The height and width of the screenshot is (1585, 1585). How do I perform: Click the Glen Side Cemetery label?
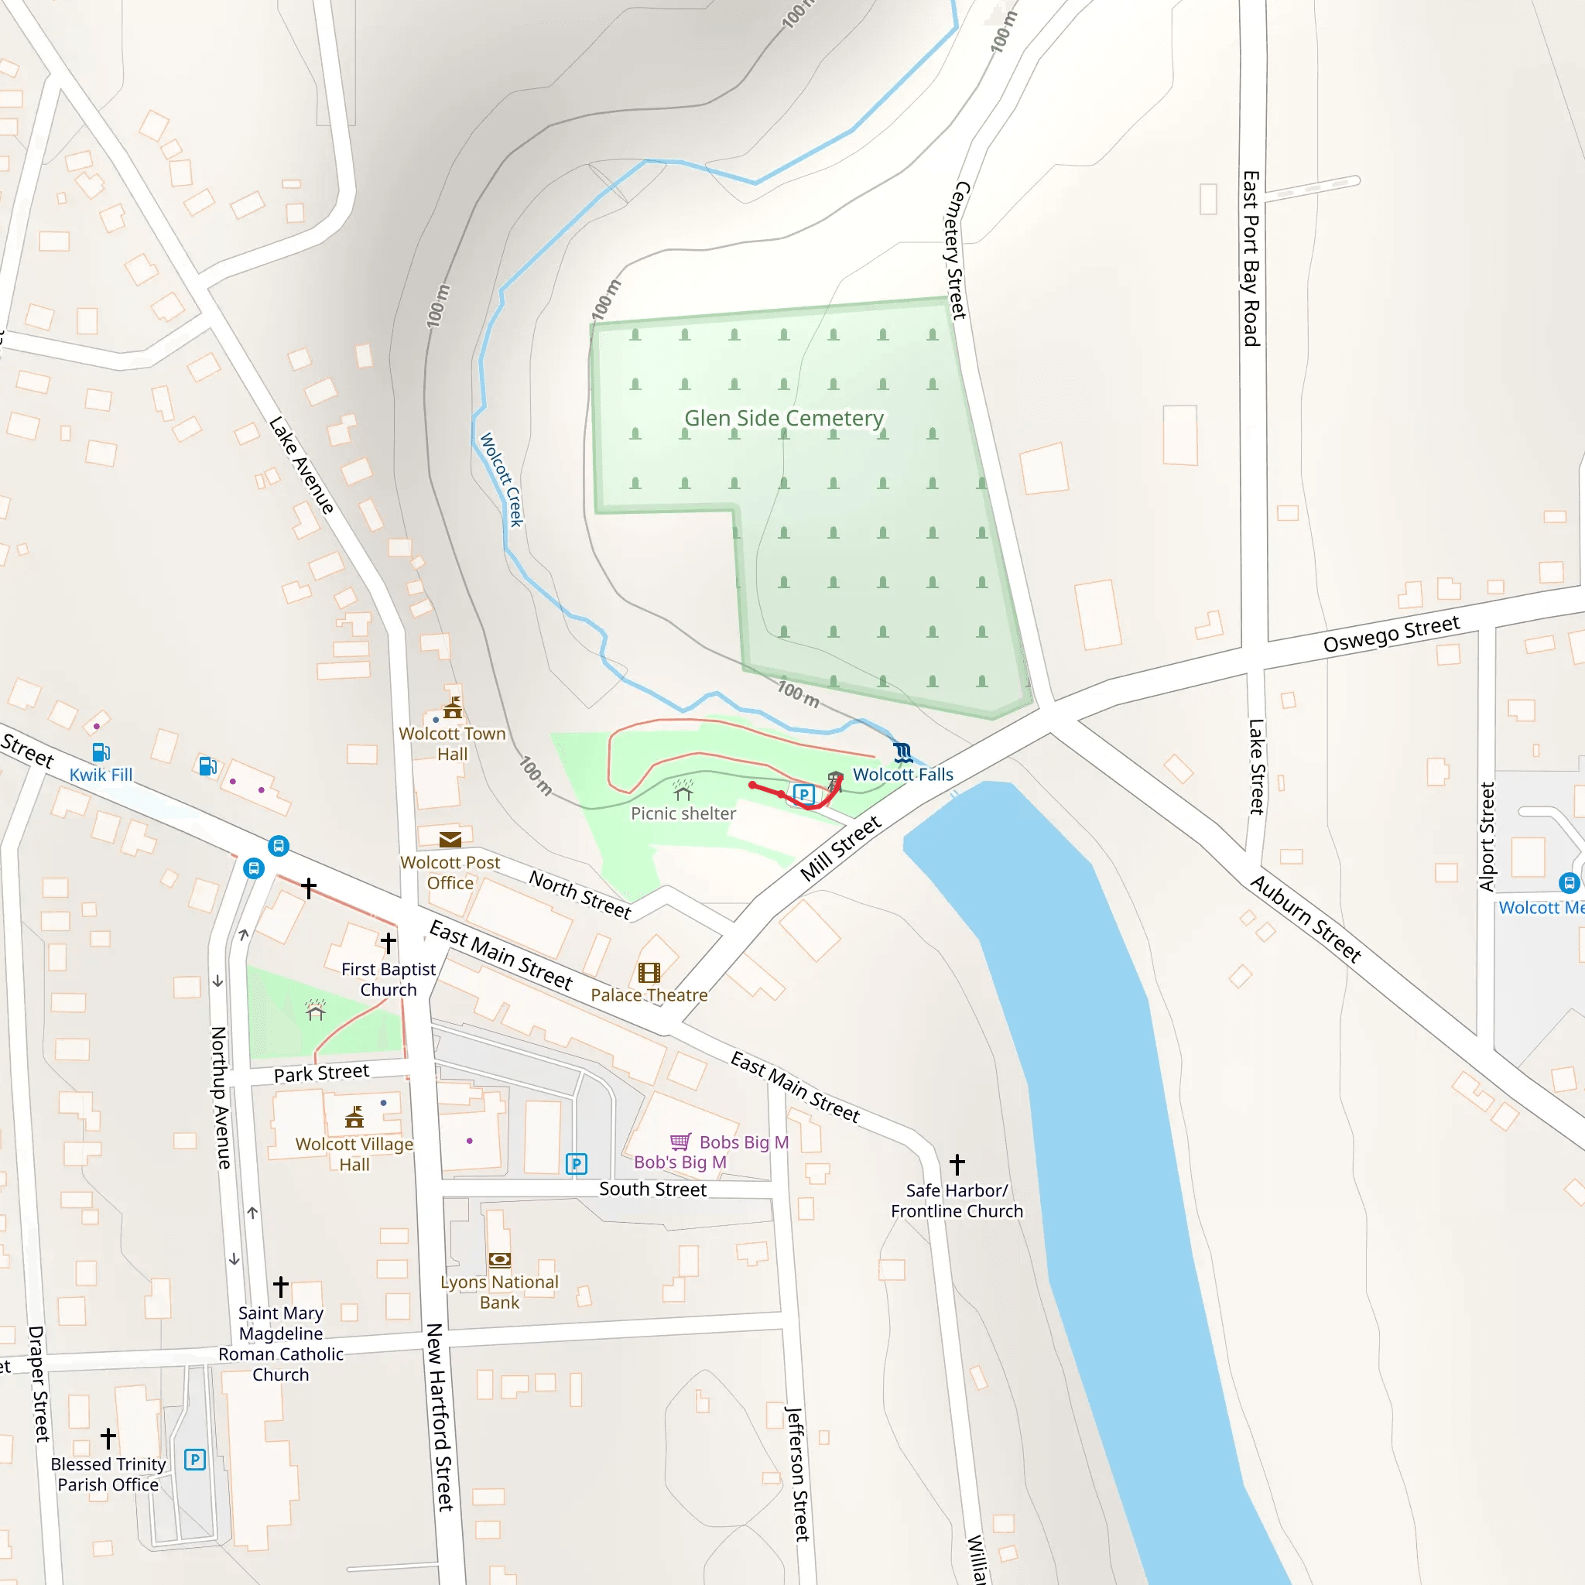783,419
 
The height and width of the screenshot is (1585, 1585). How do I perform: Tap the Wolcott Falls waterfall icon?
902,751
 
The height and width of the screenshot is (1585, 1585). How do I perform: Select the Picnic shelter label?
683,813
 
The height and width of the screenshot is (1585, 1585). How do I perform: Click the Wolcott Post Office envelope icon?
450,839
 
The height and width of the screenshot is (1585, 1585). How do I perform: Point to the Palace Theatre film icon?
649,973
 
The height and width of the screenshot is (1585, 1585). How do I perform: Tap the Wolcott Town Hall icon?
452,708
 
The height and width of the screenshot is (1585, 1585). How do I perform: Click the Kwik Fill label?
101,775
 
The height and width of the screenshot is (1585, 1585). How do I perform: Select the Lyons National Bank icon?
500,1260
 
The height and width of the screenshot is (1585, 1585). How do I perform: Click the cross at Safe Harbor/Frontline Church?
957,1164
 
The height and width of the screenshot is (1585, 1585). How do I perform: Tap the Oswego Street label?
1392,633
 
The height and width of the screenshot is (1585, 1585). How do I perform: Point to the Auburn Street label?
1306,918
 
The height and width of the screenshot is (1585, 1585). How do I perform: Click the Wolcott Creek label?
502,479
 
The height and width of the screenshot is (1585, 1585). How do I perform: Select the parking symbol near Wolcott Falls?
803,794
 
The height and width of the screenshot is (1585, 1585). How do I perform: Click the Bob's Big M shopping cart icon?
680,1142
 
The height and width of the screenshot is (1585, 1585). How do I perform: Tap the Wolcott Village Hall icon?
354,1118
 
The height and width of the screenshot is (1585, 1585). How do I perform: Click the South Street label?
652,1189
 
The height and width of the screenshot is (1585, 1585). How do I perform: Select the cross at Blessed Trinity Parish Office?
108,1438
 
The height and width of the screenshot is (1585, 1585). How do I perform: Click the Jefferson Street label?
796,1474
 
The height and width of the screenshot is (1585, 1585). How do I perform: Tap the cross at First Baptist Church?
388,943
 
